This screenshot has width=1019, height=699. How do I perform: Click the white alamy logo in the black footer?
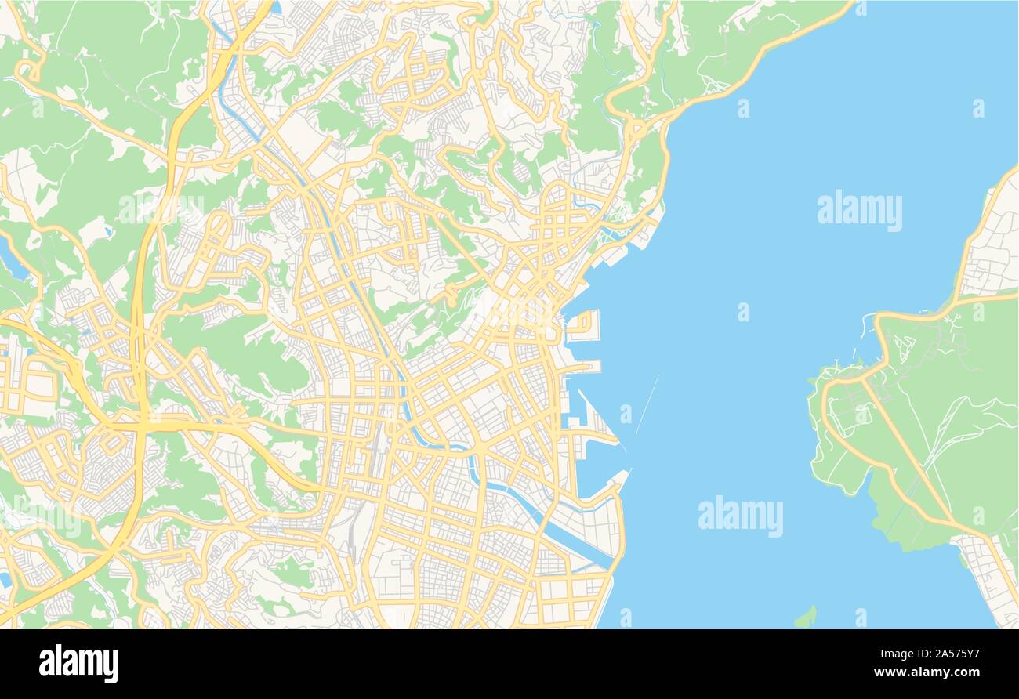78,663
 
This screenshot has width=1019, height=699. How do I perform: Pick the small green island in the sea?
805,617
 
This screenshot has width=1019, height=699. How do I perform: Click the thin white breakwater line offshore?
647,404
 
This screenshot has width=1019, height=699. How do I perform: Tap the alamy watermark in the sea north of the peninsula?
859,211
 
